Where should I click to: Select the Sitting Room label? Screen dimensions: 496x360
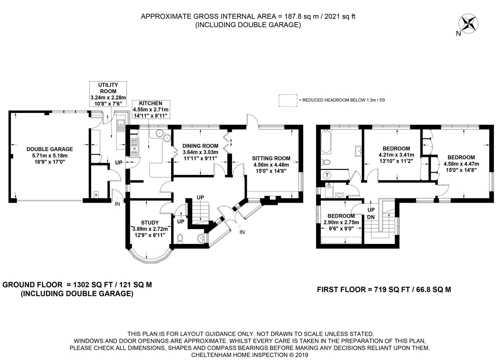(271, 165)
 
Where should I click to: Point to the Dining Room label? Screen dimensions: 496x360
(201, 152)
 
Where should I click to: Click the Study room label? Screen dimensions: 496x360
(150, 229)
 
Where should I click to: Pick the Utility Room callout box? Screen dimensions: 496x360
(108, 94)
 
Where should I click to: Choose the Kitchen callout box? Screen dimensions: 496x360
(151, 109)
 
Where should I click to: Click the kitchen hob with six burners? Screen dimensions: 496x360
(135, 146)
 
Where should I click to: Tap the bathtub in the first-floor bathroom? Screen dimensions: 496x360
(326, 142)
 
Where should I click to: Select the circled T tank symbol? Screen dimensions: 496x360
(327, 175)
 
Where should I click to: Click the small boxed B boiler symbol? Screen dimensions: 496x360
(96, 195)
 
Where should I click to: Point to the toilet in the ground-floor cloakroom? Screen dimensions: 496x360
(180, 239)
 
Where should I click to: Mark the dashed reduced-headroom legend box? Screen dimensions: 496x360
(288, 100)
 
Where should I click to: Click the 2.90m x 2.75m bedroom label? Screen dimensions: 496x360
(341, 222)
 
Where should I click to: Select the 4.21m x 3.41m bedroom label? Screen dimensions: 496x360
(396, 155)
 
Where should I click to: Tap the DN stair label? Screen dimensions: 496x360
(371, 217)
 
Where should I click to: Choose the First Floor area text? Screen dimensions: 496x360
(384, 290)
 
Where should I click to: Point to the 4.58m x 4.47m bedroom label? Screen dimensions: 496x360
(461, 164)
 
